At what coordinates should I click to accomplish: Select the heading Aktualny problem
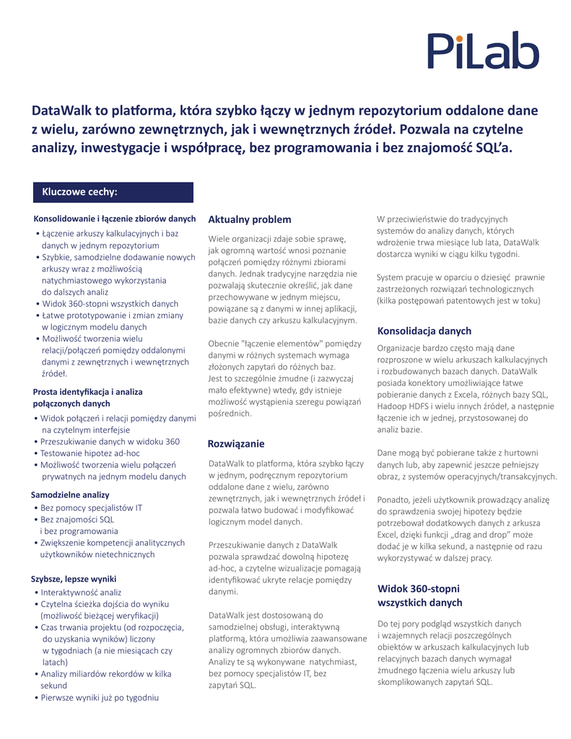click(x=249, y=219)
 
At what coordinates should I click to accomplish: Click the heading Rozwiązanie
click(x=236, y=442)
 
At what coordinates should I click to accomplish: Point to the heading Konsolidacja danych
click(x=424, y=331)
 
